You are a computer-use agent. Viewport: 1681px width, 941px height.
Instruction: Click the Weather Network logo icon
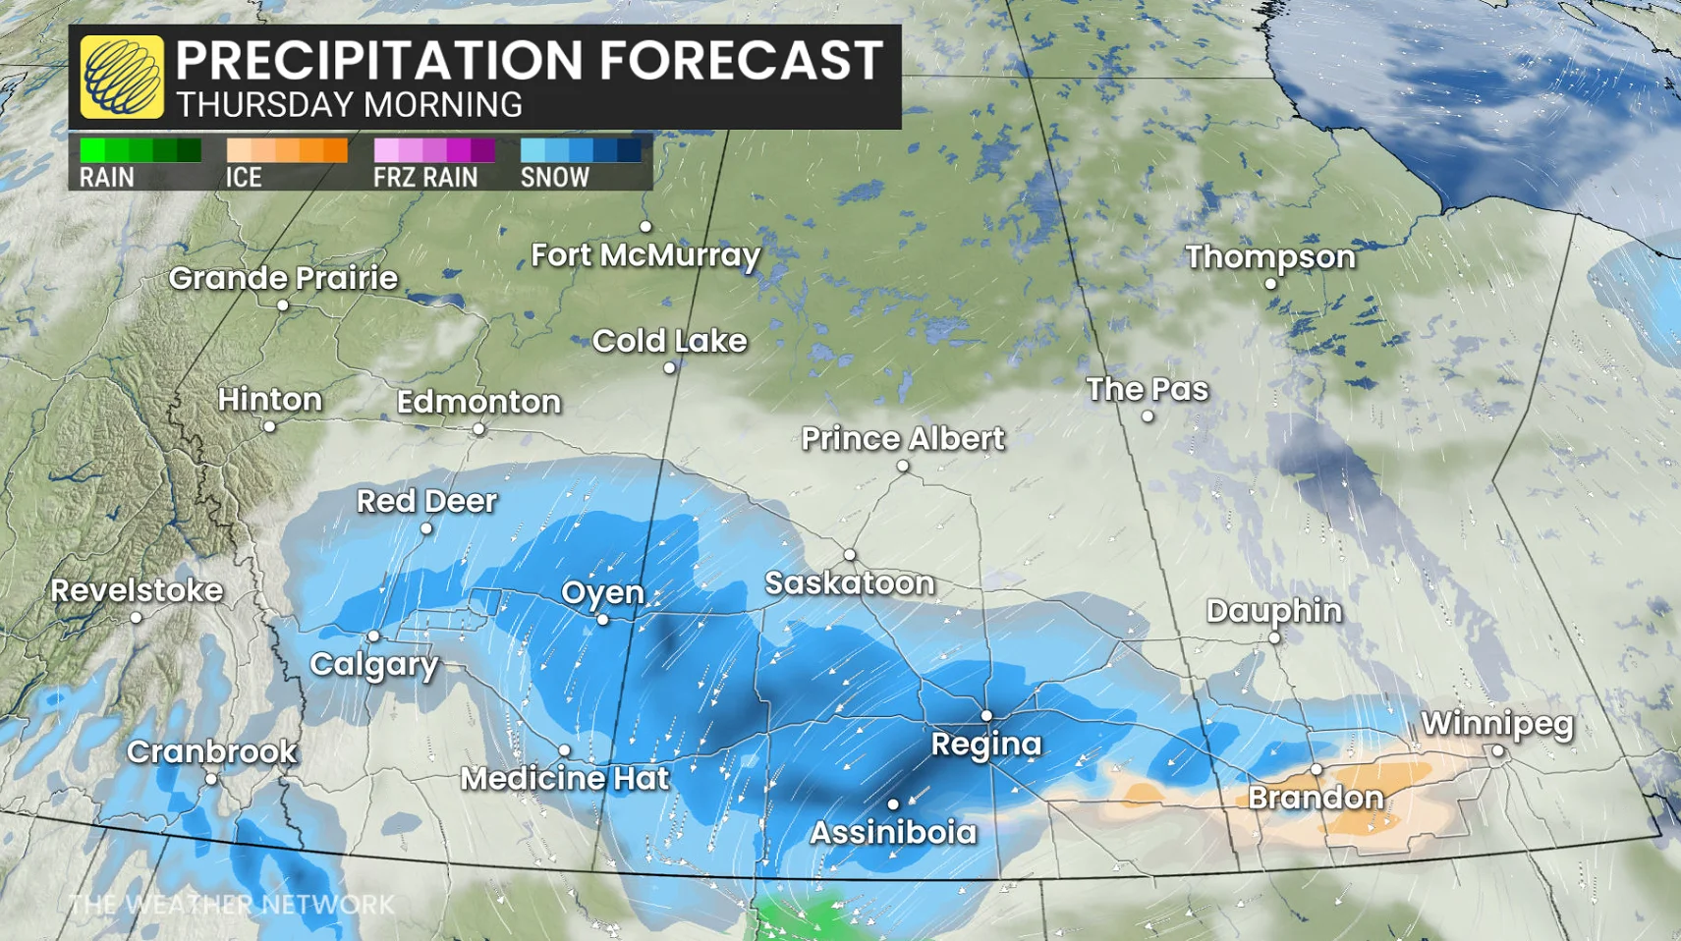122,77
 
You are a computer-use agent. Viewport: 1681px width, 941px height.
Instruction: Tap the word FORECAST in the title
741,60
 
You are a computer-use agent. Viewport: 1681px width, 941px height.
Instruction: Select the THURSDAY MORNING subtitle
349,105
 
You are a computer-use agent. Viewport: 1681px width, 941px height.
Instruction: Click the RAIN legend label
106,178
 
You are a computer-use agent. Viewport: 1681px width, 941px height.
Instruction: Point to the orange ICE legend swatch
286,150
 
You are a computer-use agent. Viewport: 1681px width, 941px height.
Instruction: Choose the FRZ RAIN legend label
425,178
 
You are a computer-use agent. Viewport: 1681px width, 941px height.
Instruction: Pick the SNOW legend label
554,178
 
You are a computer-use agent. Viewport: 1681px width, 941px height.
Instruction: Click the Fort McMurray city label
645,255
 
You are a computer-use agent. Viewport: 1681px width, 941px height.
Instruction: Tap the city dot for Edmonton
478,428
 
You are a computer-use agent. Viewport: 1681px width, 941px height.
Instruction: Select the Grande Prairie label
283,278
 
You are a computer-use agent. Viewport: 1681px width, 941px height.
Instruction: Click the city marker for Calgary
373,637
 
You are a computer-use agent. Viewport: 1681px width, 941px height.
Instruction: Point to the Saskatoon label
849,583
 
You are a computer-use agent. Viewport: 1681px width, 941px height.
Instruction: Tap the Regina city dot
986,716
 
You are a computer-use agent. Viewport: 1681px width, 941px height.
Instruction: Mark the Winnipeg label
1496,724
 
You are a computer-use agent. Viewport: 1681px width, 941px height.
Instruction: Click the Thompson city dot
1270,284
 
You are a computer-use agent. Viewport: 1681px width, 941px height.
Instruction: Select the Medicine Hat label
564,779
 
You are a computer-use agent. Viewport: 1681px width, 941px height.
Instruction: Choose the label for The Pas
1147,389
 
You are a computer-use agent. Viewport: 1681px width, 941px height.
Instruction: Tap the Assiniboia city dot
892,804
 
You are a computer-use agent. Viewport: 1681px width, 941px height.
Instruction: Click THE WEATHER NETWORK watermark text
232,905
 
